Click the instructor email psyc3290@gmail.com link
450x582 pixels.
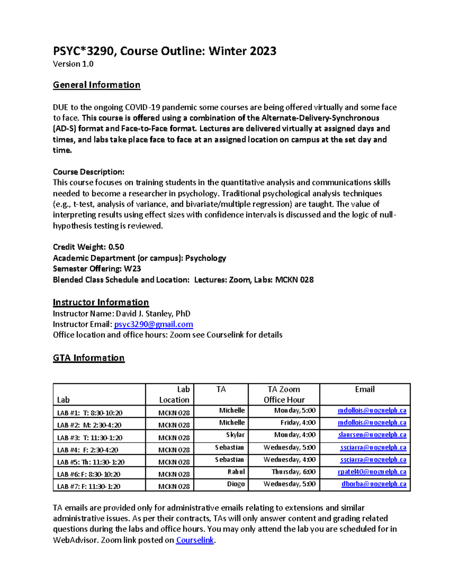tap(153, 324)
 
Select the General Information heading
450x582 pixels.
tap(96, 85)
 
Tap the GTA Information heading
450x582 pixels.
tap(88, 358)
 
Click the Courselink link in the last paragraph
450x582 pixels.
tap(195, 540)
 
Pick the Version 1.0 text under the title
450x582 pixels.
tap(73, 64)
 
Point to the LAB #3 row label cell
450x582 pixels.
tap(90, 437)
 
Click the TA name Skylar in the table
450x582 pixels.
tap(235, 435)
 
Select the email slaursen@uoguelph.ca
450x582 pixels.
tap(372, 435)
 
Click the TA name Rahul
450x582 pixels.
tap(236, 472)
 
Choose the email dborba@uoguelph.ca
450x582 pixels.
tap(373, 484)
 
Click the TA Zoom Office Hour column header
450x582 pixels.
tap(284, 394)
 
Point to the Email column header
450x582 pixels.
tap(364, 389)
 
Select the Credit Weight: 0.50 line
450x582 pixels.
tap(88, 247)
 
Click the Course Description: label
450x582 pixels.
tap(88, 172)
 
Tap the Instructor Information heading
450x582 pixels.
tap(100, 302)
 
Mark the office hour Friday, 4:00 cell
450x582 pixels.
tap(298, 423)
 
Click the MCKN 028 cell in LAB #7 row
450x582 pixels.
tap(174, 486)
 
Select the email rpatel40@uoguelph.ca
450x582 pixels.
tap(372, 472)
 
